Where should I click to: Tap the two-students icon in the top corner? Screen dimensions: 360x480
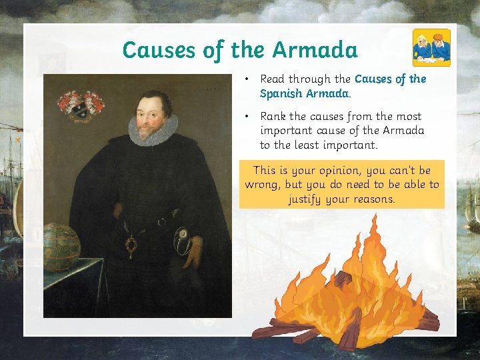click(431, 47)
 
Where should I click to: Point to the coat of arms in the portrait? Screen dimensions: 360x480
click(81, 105)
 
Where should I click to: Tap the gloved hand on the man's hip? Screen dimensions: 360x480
click(193, 253)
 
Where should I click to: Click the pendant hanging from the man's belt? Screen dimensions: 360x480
click(133, 245)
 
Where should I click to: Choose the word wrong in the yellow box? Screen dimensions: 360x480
click(261, 185)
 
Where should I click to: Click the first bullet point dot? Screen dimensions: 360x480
click(247, 79)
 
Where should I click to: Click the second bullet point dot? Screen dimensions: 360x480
click(247, 117)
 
